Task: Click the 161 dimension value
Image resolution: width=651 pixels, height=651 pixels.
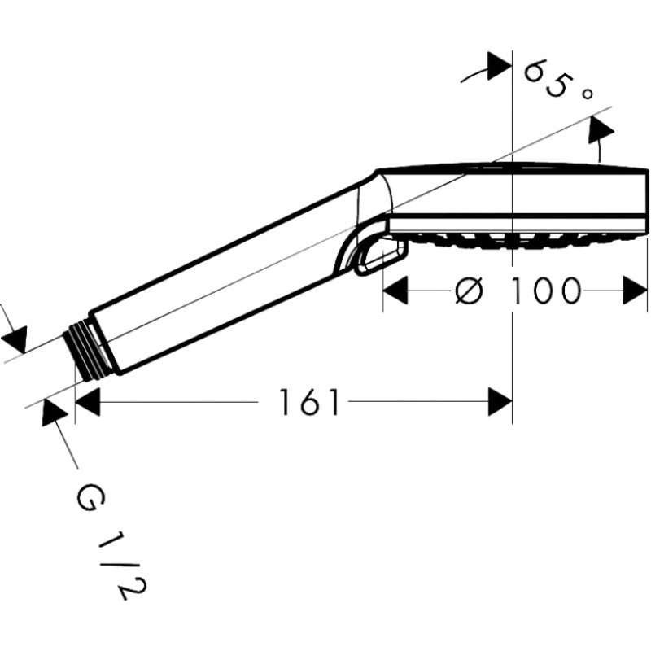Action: point(309,402)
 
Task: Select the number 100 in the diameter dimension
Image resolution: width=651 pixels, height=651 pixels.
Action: point(544,291)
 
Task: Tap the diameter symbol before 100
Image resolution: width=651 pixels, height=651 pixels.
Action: point(470,291)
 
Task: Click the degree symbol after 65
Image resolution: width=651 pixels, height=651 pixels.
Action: point(586,94)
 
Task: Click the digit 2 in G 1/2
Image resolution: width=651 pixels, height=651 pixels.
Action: point(133,589)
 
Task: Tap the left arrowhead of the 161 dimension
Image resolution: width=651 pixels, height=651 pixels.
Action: point(87,402)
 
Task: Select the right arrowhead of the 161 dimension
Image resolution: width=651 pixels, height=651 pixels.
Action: point(500,402)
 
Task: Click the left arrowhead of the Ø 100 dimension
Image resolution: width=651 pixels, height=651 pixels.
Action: point(395,291)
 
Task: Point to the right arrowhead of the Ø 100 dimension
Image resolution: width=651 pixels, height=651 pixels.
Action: point(636,291)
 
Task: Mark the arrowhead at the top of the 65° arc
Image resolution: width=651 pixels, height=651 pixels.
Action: point(499,66)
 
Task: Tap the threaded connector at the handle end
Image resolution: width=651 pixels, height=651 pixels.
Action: point(86,349)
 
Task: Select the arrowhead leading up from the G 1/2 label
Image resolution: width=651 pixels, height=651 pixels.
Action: point(54,412)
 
